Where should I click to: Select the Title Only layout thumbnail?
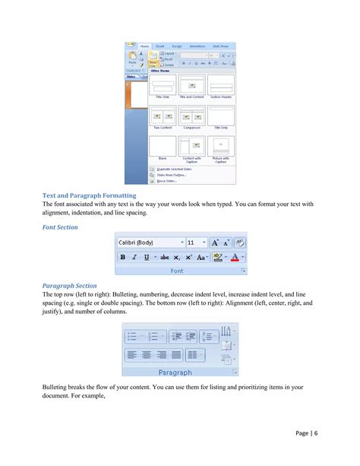coord(220,115)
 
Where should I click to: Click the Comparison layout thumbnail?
coord(191,115)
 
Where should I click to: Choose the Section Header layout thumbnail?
coord(220,84)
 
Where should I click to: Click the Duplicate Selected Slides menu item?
coord(176,170)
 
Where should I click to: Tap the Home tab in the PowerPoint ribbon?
coord(144,46)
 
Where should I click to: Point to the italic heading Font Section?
coord(59,227)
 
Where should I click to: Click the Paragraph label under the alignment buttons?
coord(175,372)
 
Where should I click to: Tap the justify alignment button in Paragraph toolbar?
coord(177,354)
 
